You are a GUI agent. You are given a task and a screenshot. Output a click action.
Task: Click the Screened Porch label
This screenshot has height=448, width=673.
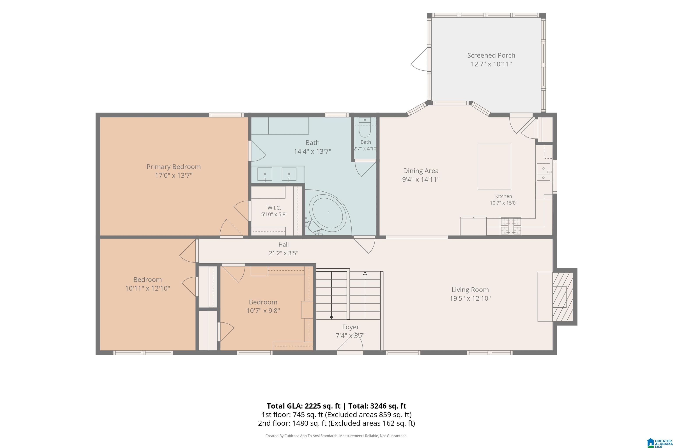point(491,55)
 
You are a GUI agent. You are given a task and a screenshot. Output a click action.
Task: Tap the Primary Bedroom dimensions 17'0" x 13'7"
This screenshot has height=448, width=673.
point(174,175)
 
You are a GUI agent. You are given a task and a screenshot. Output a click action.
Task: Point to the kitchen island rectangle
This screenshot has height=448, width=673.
point(494,166)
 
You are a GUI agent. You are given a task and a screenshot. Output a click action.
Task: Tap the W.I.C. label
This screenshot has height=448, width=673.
point(274,208)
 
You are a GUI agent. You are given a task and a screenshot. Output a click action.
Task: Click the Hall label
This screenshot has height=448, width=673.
point(283,245)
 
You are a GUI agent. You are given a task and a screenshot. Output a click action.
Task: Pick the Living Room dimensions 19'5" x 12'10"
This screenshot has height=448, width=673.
point(470,298)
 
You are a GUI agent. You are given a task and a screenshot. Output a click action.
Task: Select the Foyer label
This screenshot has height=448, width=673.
point(351,327)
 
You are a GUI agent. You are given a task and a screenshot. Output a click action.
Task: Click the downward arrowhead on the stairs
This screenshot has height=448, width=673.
point(331,317)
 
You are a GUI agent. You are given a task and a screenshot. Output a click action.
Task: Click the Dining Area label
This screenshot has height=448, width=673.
point(421,171)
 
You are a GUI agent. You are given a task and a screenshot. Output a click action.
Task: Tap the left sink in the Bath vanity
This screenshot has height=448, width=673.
point(265,175)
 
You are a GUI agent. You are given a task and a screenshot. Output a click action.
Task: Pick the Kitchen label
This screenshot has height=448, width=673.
point(504,196)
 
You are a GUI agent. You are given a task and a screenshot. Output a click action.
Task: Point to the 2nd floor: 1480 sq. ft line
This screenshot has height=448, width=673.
point(336,423)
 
